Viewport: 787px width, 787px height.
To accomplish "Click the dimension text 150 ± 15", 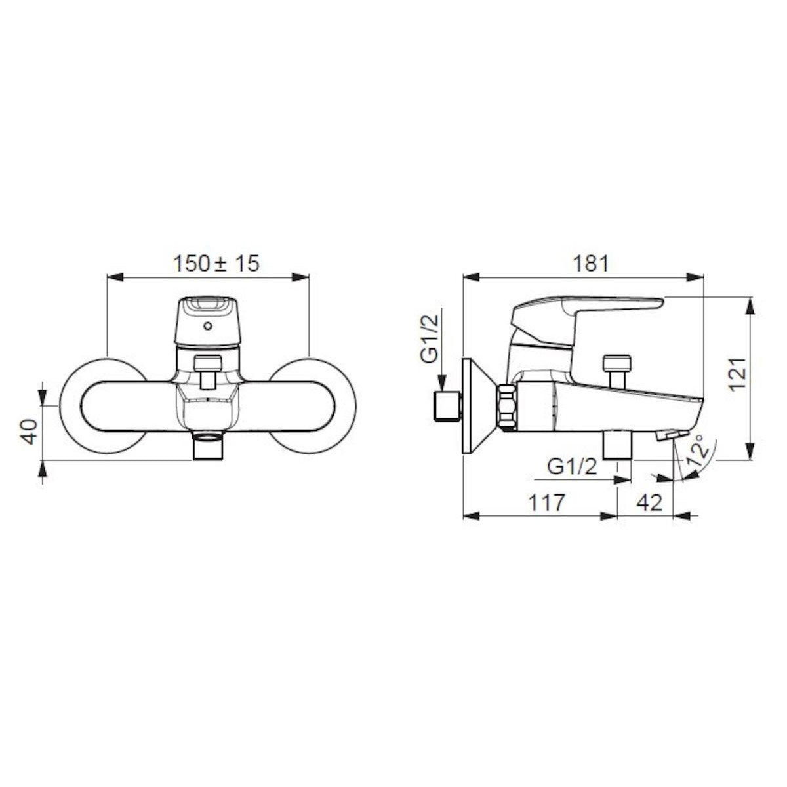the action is [216, 264].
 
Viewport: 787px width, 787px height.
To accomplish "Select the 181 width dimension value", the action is [591, 264].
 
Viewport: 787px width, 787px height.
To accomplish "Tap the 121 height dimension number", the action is [738, 374].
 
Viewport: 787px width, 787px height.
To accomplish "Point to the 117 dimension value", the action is [546, 502].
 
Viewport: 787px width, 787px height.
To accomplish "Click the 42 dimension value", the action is [650, 502].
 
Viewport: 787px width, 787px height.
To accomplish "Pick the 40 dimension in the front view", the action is [29, 432].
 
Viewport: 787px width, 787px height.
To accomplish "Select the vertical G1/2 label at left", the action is [429, 338].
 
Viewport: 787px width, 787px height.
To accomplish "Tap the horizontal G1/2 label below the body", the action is [572, 466].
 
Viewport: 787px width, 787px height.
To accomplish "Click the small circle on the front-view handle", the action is [208, 326].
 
